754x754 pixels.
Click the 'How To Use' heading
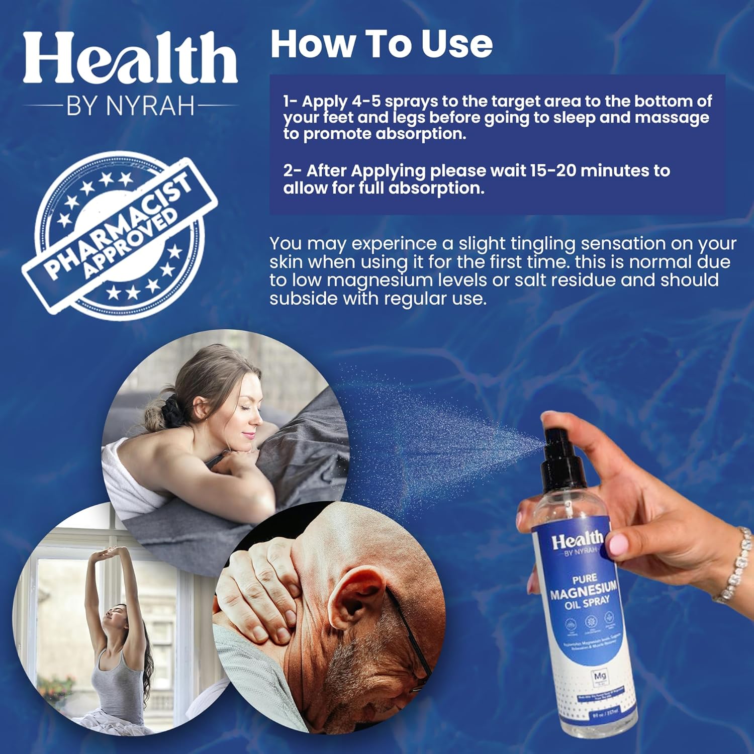pos(381,44)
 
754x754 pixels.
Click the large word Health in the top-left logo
pos(130,59)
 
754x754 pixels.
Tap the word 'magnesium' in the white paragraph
pos(385,280)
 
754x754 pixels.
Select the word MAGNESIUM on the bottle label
pos(583,591)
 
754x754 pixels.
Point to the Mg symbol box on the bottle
pos(600,677)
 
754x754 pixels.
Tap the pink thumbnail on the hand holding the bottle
pos(619,544)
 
